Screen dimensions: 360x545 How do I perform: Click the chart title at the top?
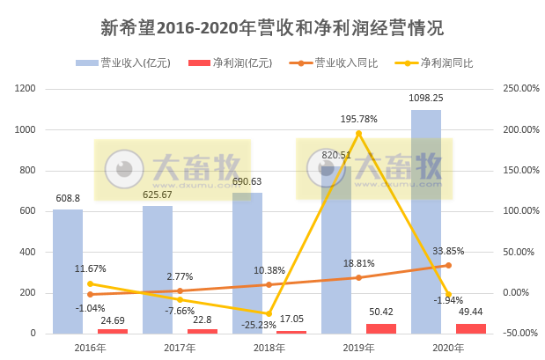(x=272, y=25)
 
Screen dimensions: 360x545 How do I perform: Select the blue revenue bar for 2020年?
(x=425, y=220)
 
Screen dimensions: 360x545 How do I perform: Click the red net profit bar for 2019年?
(x=381, y=328)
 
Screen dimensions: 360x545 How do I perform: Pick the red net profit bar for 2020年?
(x=471, y=328)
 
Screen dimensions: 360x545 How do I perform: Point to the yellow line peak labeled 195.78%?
(x=358, y=133)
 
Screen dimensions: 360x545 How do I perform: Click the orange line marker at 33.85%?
(x=448, y=265)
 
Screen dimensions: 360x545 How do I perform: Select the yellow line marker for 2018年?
(x=269, y=313)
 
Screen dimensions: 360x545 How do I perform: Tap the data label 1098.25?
(x=425, y=99)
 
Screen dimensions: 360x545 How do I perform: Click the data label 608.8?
(x=68, y=199)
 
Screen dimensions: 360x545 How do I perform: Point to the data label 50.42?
(x=381, y=312)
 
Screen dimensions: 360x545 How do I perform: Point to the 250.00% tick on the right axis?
(x=519, y=89)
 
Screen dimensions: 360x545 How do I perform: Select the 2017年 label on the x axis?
(x=179, y=348)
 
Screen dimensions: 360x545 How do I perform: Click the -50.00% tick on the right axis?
(x=519, y=334)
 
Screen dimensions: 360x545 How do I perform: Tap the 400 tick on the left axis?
(x=27, y=252)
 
